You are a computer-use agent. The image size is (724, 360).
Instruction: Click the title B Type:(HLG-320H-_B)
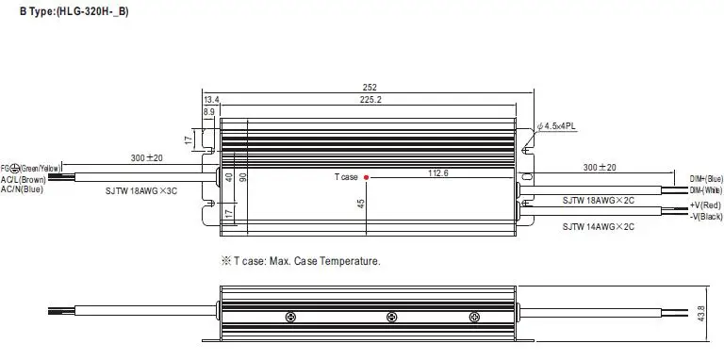click(74, 12)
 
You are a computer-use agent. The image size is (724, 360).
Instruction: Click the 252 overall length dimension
click(370, 88)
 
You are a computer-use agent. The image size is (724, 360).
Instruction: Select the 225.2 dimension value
click(370, 99)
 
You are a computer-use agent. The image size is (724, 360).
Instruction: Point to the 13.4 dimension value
click(211, 100)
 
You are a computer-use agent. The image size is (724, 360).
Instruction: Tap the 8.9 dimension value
click(208, 112)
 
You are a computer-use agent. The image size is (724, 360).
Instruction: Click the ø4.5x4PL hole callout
click(556, 126)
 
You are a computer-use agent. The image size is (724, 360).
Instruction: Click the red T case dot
click(366, 177)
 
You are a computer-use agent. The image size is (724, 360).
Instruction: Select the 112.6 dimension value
click(438, 173)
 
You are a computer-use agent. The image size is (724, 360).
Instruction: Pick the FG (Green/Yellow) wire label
click(30, 169)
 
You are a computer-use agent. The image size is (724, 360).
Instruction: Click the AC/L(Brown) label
click(23, 180)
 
